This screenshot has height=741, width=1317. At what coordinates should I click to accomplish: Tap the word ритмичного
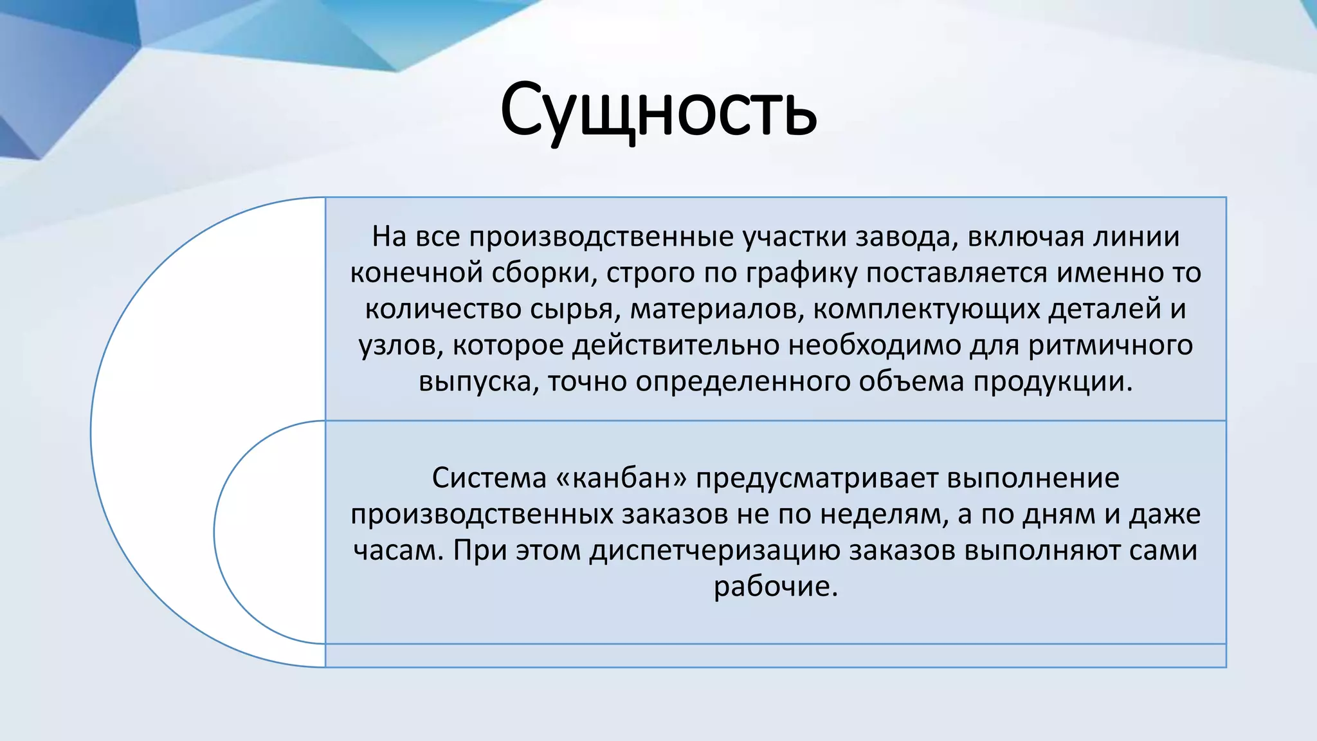1111,346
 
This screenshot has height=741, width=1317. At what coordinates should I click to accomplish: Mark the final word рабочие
775,587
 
